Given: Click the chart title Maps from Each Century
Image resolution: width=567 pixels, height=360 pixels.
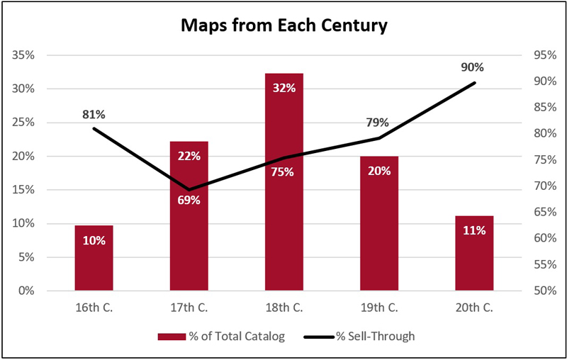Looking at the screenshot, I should point(283,27).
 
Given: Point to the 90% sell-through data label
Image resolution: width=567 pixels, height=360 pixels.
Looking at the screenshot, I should point(472,67).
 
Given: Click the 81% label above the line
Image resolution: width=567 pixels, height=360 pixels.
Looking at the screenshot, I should point(94,113).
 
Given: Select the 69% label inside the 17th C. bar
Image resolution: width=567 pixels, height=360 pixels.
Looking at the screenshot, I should point(189,200).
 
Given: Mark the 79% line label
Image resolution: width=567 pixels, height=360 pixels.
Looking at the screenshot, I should point(378,123).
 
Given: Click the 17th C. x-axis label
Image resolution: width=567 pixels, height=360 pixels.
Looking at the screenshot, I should point(189,308).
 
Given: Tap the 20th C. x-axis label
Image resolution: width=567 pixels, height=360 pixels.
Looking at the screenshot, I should point(473,308).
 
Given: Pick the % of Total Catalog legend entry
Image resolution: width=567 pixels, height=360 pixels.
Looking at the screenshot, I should point(222,337).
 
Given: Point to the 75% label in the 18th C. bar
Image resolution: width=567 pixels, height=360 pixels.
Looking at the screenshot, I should point(283,171).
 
